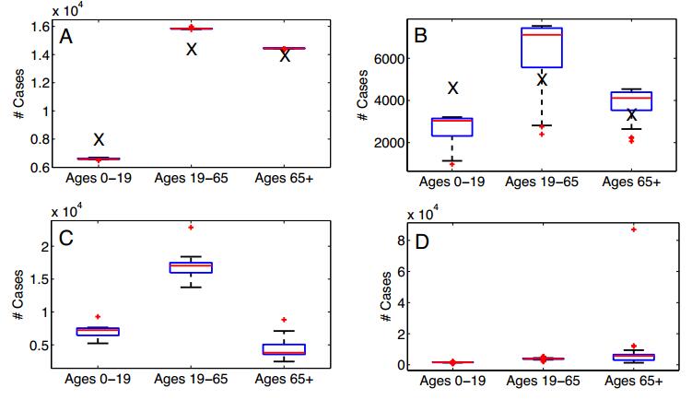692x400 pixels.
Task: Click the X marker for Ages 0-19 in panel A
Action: click(99, 139)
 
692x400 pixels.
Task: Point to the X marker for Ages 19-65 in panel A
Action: click(192, 49)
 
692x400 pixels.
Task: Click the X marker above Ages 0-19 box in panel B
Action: click(452, 88)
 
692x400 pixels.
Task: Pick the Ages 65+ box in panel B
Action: click(631, 100)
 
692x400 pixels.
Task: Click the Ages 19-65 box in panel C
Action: click(192, 267)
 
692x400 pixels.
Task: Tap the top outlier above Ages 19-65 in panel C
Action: click(192, 227)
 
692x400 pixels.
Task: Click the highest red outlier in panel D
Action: click(632, 229)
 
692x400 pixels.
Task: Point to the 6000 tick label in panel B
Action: click(390, 57)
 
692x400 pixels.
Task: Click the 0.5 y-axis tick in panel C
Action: click(37, 346)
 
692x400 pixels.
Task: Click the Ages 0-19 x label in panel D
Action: click(452, 380)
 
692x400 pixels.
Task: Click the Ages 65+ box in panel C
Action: click(285, 349)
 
